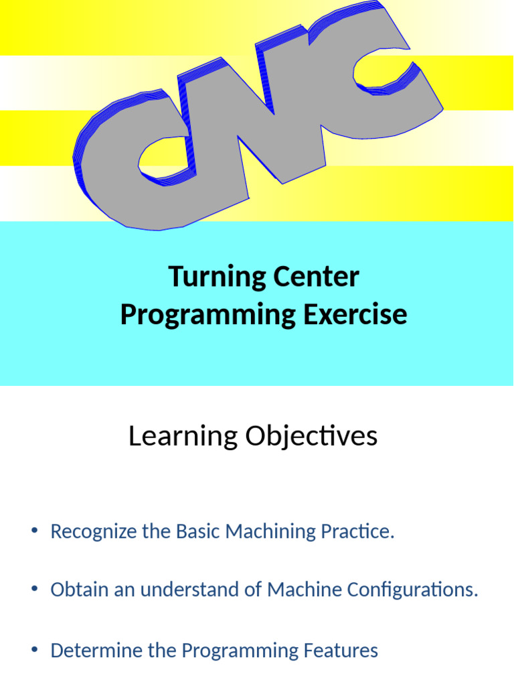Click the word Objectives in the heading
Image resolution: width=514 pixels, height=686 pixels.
pos(311,437)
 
